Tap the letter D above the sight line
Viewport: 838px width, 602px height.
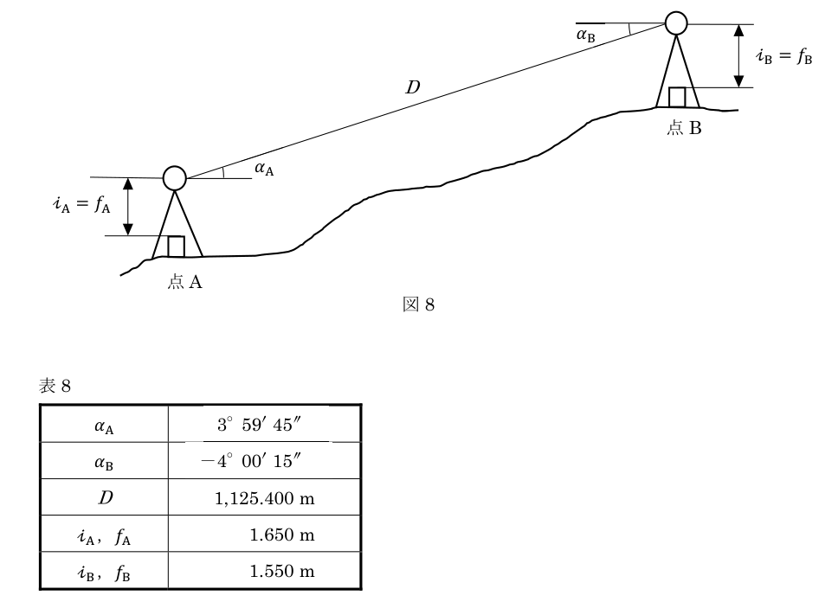pos(413,87)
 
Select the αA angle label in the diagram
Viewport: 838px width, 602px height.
pos(264,169)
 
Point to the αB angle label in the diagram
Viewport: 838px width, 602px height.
pos(586,35)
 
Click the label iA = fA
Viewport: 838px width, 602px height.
pos(81,204)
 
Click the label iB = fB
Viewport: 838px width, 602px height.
pos(784,55)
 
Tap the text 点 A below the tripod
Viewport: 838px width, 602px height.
pos(185,281)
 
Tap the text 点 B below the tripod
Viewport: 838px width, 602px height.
pos(684,128)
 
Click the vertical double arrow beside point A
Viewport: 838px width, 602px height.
pos(128,207)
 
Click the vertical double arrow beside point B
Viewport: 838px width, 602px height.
pos(738,55)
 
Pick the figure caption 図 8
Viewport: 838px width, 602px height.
pos(418,304)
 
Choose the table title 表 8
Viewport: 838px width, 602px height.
pos(55,386)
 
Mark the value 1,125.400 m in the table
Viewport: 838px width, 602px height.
pos(265,498)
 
